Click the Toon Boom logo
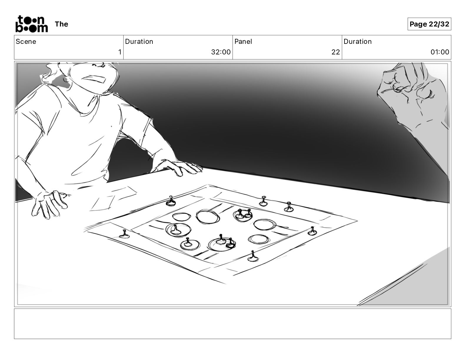pyautogui.click(x=32, y=24)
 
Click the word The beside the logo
pyautogui.click(x=61, y=24)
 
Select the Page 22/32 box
pyautogui.click(x=429, y=24)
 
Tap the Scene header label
pyautogui.click(x=26, y=41)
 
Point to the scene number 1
pyautogui.click(x=120, y=52)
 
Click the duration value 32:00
pyautogui.click(x=221, y=52)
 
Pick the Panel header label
pyautogui.click(x=243, y=41)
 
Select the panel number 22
pyautogui.click(x=336, y=52)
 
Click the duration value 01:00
pyautogui.click(x=440, y=52)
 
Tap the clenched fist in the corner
pyautogui.click(x=413, y=94)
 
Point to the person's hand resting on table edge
pyautogui.click(x=180, y=167)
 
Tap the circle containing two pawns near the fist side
pyautogui.click(x=243, y=215)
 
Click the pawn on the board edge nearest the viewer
pyautogui.click(x=253, y=256)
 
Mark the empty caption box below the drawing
pyautogui.click(x=233, y=324)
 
